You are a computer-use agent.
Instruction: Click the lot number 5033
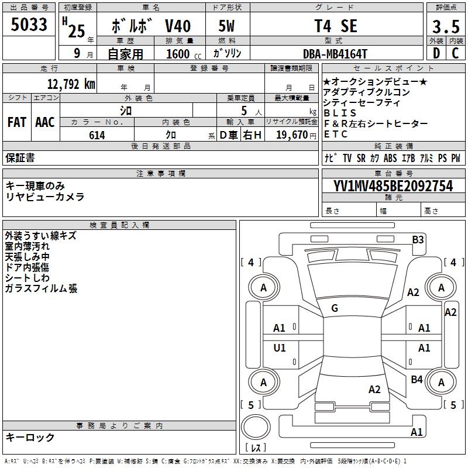click(29, 25)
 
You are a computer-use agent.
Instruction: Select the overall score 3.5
click(446, 26)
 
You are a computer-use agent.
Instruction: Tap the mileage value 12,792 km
click(71, 84)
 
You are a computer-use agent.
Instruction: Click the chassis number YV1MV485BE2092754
click(393, 186)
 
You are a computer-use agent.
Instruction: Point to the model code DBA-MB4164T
click(335, 54)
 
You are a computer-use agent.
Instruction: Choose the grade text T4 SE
click(336, 26)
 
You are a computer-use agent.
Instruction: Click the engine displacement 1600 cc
click(184, 54)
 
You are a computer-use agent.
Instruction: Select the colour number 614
click(97, 135)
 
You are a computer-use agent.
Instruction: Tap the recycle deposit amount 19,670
click(292, 135)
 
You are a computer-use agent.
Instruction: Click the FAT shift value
click(17, 122)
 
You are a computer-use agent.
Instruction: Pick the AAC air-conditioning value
click(45, 122)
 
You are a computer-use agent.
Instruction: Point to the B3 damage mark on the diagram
click(418, 240)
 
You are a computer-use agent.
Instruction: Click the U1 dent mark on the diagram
click(280, 347)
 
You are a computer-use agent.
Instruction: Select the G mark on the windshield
click(335, 308)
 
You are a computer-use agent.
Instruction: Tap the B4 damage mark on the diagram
click(417, 380)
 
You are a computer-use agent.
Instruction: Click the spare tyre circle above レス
click(256, 427)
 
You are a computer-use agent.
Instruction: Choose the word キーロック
click(30, 437)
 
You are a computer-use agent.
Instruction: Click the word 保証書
click(20, 157)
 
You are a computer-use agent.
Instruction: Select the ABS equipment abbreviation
click(390, 158)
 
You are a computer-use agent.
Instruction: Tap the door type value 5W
click(226, 26)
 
